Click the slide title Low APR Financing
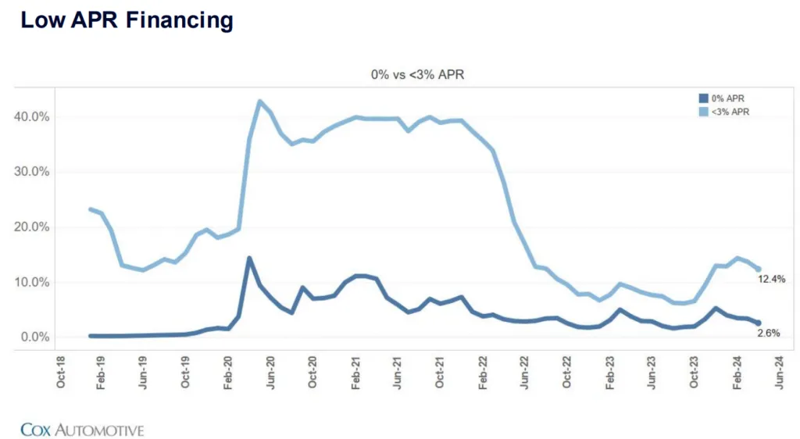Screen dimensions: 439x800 click(127, 20)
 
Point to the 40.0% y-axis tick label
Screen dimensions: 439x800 click(33, 117)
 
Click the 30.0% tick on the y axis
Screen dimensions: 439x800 click(33, 172)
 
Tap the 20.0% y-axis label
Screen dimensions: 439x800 click(33, 227)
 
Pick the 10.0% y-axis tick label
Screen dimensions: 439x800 click(33, 282)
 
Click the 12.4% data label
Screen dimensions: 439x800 click(771, 279)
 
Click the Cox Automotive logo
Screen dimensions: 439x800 click(82, 430)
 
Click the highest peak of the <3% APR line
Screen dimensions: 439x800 click(260, 102)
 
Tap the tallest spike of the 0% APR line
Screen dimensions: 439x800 click(249, 258)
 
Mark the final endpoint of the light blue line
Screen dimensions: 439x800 click(758, 269)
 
